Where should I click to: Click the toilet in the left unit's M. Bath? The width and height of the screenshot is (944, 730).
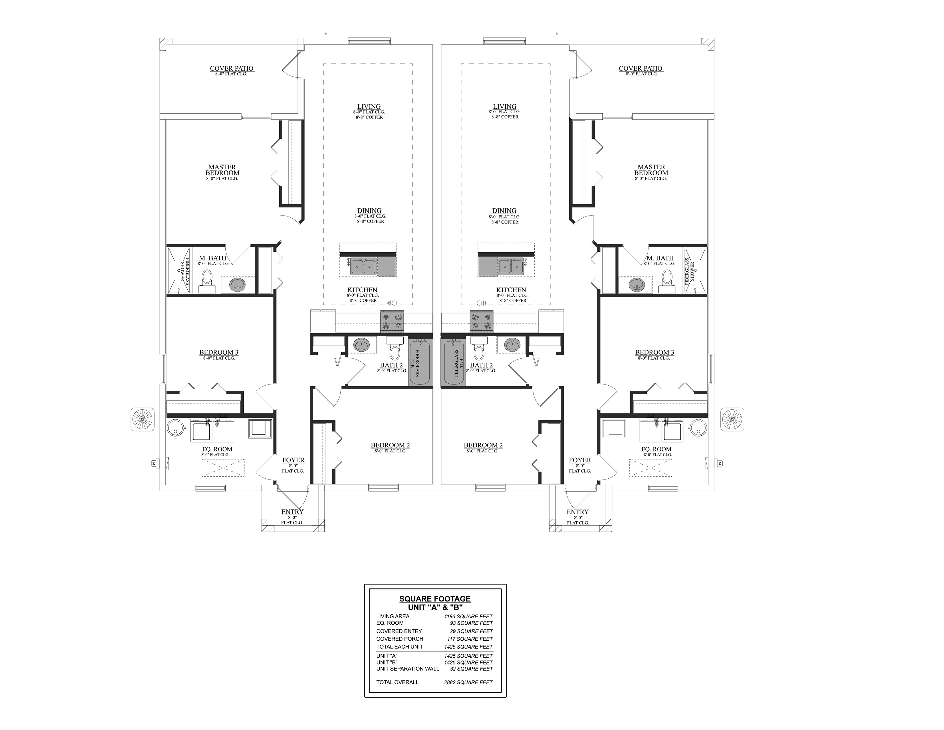point(207,282)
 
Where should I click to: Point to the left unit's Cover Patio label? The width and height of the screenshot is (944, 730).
point(232,68)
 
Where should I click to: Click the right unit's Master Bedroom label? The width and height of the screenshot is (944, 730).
point(651,170)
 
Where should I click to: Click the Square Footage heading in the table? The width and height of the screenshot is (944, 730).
point(435,599)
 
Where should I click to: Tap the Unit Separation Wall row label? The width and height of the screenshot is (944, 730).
point(408,668)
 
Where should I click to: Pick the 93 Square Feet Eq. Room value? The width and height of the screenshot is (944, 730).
point(471,623)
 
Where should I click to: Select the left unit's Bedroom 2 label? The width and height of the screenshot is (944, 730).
point(390,445)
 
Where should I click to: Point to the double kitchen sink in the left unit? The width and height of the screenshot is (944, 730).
point(363,267)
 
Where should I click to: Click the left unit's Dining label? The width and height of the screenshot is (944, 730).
point(369,211)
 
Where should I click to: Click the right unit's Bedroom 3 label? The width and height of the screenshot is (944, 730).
point(655,352)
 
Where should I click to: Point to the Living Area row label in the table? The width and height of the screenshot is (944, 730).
point(393,616)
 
